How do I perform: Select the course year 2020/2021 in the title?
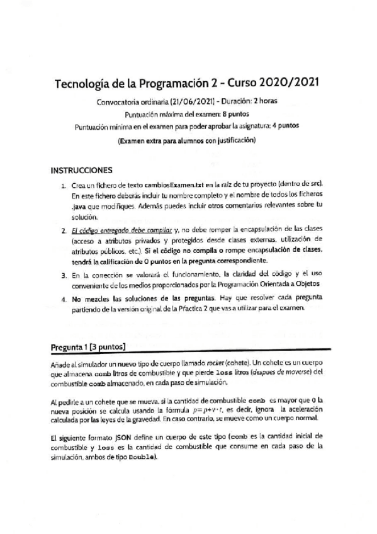coord(287,82)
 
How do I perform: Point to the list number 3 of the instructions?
coord(64,275)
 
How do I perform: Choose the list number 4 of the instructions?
coord(64,299)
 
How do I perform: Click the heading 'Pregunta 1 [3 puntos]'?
coord(88,346)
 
